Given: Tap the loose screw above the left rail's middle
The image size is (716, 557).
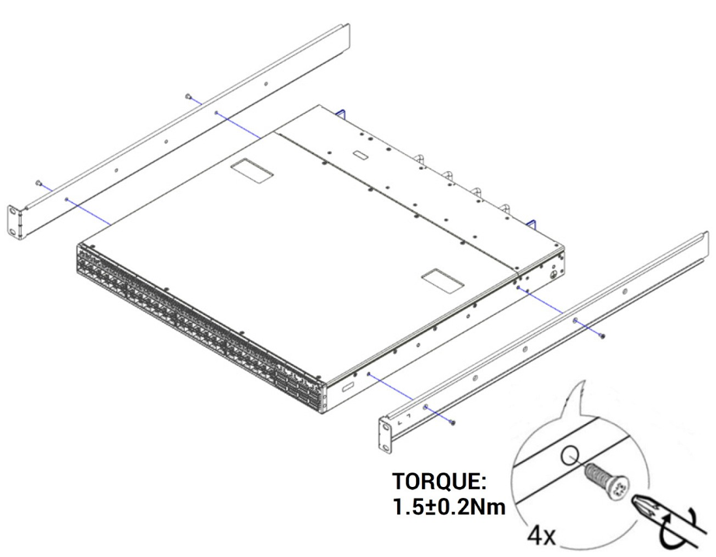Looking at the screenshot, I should (x=190, y=96).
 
